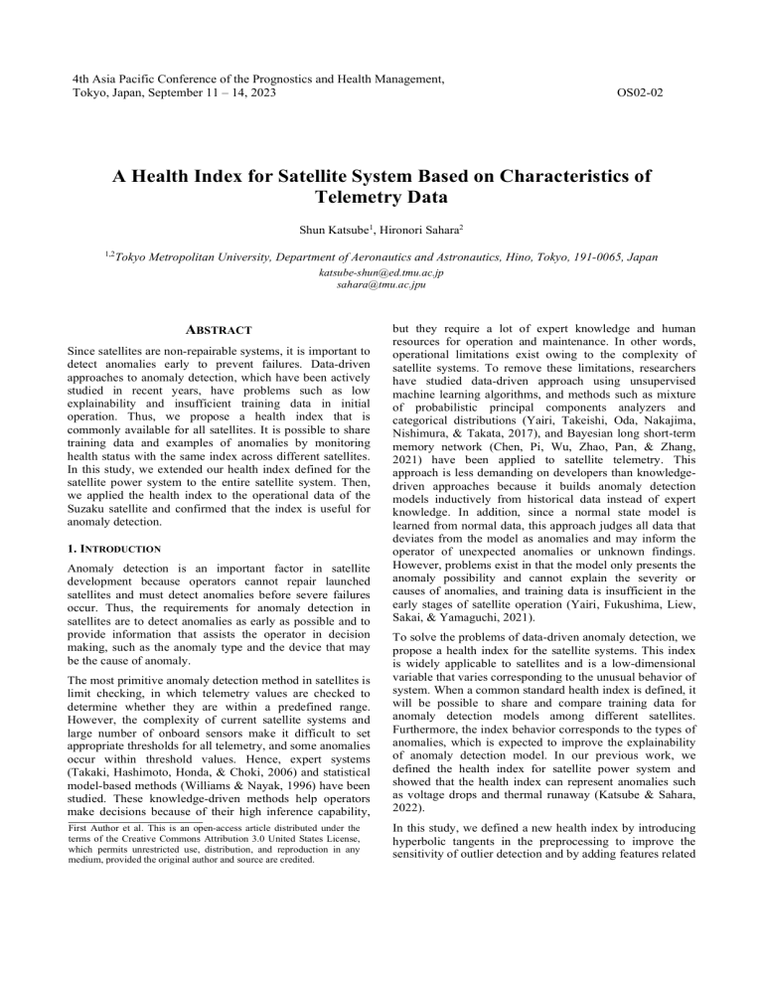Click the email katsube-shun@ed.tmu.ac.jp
381,271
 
